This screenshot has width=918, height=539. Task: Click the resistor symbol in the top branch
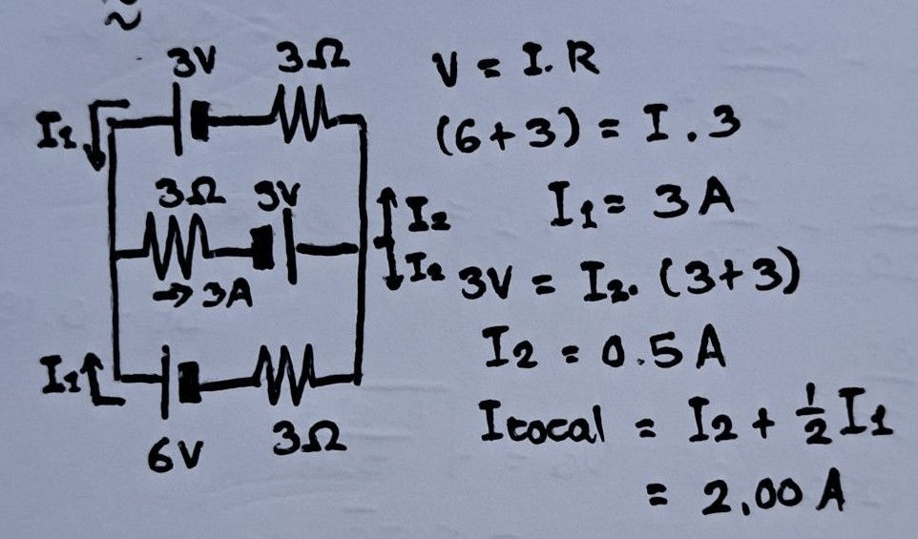coord(304,107)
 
